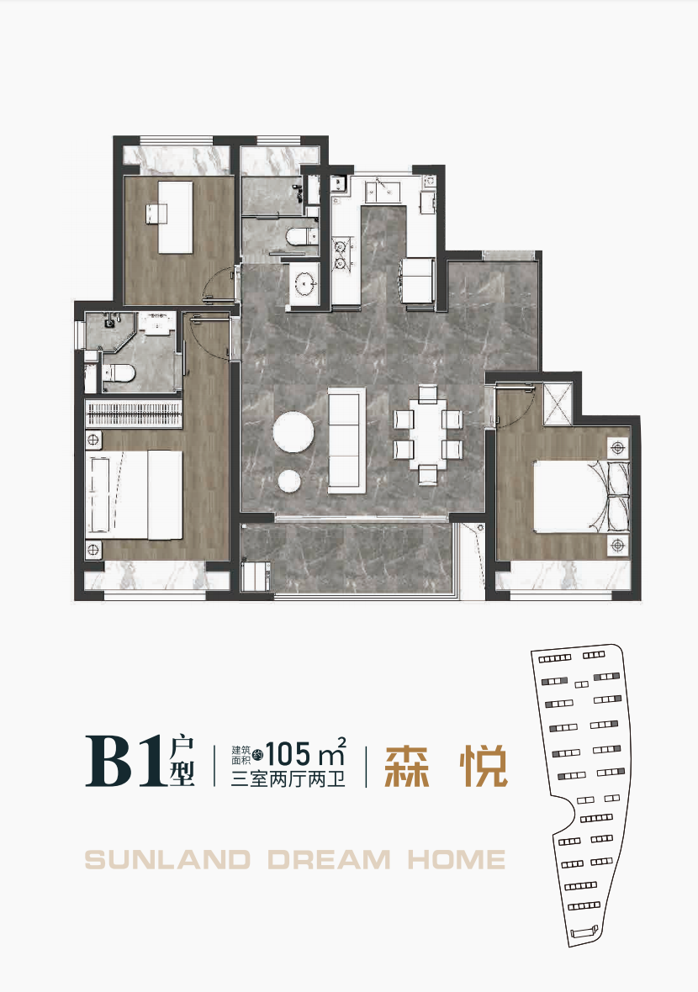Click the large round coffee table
(x=293, y=432)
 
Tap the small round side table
(x=289, y=481)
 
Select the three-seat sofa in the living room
(x=346, y=441)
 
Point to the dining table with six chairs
(x=428, y=434)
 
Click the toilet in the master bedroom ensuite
(x=119, y=373)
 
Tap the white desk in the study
(x=175, y=217)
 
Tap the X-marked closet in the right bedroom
(x=558, y=404)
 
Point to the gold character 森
(x=407, y=766)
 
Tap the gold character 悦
(x=484, y=766)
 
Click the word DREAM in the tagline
(x=329, y=860)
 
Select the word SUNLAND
(x=167, y=860)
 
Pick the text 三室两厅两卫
(x=288, y=778)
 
